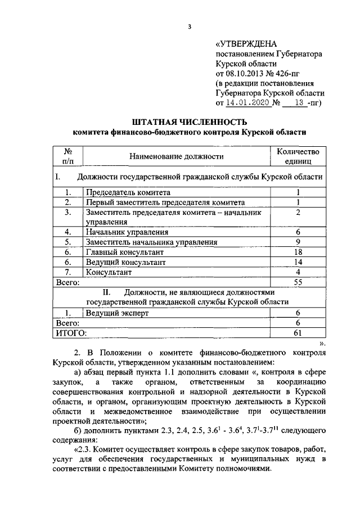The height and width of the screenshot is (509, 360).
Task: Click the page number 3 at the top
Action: click(x=190, y=26)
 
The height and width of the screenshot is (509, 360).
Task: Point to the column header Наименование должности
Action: click(x=176, y=156)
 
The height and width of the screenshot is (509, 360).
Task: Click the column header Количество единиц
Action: click(x=298, y=156)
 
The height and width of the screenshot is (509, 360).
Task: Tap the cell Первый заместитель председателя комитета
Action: click(x=165, y=202)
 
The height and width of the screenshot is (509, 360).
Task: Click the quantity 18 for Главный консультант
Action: click(x=298, y=253)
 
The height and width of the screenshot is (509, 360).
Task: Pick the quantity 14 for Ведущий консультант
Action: click(x=298, y=262)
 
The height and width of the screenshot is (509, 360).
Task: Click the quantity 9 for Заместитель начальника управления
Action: click(x=298, y=242)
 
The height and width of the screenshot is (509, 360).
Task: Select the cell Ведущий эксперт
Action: click(x=117, y=313)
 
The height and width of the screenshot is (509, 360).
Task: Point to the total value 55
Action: click(x=298, y=282)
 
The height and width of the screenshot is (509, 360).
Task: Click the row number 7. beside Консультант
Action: click(x=67, y=272)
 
